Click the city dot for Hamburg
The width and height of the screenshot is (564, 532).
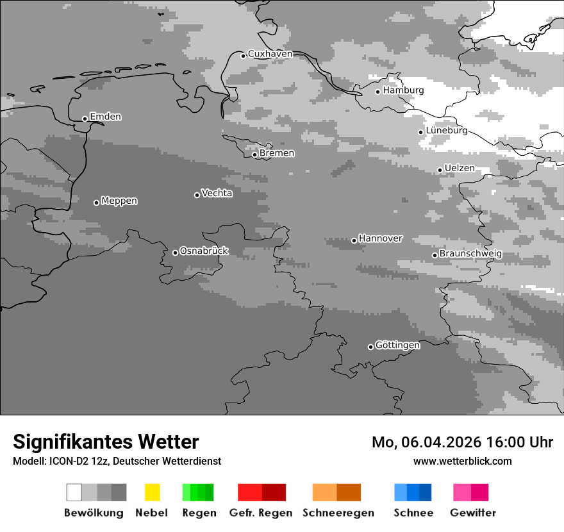point(378,92)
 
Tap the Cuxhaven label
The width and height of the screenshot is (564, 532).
point(270,54)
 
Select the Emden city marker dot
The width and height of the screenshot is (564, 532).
point(85,119)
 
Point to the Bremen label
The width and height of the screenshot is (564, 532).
point(277,153)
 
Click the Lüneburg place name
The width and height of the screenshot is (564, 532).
point(447,130)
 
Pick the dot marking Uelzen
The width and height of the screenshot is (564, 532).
point(440,170)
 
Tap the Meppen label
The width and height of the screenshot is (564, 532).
point(119,201)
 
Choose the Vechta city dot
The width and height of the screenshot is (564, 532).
point(197,195)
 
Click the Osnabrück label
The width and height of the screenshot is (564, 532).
point(204,251)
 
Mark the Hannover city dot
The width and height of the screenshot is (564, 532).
point(354,240)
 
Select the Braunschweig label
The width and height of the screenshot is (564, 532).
point(470,253)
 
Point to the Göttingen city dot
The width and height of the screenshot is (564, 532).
point(370,347)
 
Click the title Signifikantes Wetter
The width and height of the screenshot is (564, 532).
point(106,442)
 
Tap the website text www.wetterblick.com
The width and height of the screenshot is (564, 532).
point(462,461)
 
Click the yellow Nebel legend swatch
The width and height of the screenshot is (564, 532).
point(152,492)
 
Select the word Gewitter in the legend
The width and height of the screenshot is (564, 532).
point(473,513)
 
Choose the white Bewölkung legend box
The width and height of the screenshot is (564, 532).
point(74,492)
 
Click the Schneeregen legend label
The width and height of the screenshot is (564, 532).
point(338,513)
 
